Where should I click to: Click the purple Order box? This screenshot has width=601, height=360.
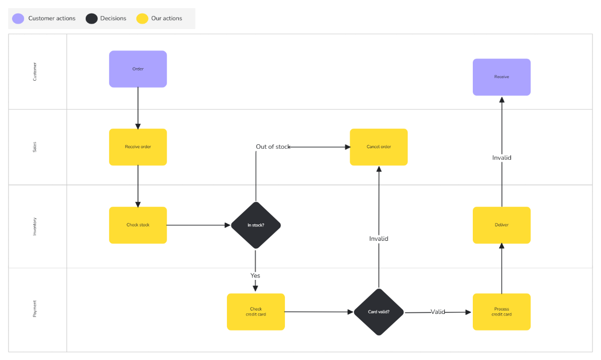coord(138,69)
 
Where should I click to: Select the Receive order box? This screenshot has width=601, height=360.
coord(138,147)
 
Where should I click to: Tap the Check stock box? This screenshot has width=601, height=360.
coord(138,225)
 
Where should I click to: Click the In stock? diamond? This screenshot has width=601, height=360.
coord(255,225)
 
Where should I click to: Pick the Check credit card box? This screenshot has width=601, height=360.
coord(255,311)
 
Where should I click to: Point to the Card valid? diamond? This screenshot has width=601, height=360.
coord(379,312)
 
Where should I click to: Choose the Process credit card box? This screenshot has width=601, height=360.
coord(501,311)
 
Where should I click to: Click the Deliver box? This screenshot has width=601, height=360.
coord(501,225)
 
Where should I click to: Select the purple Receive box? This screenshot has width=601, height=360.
coord(501,77)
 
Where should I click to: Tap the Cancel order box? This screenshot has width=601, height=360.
coord(379,147)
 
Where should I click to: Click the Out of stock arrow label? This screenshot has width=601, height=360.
coord(273,147)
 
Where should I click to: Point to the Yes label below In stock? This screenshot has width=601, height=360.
coord(255,275)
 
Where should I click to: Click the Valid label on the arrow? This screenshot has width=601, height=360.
coord(438,312)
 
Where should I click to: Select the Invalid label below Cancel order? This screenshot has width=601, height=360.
coord(379,239)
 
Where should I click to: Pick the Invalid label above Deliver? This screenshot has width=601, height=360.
coord(501,158)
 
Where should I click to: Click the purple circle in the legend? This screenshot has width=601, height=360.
coord(19,19)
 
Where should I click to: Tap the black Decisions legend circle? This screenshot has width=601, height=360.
coord(91,19)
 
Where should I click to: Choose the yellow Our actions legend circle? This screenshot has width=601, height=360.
coord(142,19)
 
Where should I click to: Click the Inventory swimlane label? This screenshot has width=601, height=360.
coord(35,226)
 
